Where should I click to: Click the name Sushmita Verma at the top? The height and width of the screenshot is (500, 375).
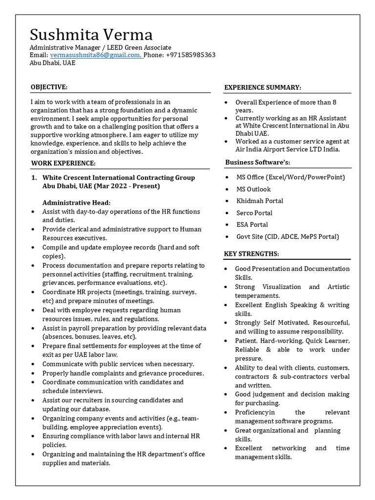point(91,35)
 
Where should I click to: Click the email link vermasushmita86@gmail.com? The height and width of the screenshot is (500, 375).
point(96,55)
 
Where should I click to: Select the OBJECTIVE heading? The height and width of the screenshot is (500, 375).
point(49,87)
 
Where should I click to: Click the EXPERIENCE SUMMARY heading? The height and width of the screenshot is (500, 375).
point(263,87)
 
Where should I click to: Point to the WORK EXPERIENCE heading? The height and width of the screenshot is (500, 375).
point(63,163)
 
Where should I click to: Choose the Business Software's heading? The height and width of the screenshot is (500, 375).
point(258,162)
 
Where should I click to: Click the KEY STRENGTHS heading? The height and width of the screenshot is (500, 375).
point(251,254)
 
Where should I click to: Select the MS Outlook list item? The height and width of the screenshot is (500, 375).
point(253,189)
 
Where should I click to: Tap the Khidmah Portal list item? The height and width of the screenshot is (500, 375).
point(260,201)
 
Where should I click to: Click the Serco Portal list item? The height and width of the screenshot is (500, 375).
point(254,213)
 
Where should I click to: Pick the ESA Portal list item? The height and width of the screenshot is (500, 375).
point(252,225)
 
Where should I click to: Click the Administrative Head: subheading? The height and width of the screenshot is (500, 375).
point(77,203)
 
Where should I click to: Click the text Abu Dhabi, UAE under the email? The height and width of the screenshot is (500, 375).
point(53,63)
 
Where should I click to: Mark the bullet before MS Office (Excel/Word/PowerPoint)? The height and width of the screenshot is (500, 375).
point(227,178)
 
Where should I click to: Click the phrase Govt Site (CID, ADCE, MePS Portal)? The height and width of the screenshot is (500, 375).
point(288,236)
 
